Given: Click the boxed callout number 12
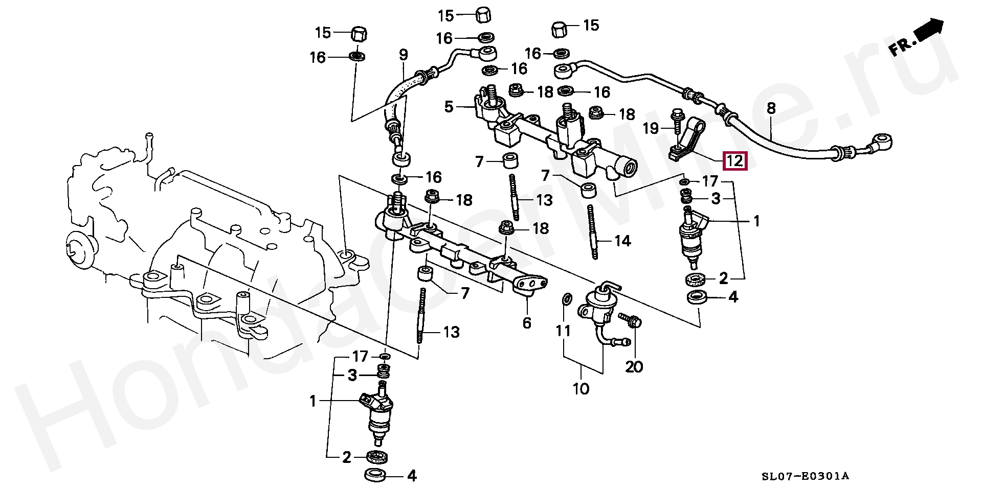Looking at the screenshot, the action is point(734,161).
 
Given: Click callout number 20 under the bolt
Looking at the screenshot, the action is point(634,366).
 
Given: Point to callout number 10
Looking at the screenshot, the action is point(581,389).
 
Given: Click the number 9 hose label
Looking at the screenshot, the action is point(403,55).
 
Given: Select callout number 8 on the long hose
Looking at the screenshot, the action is point(771,108).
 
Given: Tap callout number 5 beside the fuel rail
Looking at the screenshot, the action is point(449,107).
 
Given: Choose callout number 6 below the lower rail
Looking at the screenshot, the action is point(527,323).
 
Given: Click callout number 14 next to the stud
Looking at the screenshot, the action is point(622,241).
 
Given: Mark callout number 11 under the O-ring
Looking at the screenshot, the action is point(563,331).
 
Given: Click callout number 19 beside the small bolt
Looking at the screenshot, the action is point(651,128).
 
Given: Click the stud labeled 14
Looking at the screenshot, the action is point(594,231).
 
